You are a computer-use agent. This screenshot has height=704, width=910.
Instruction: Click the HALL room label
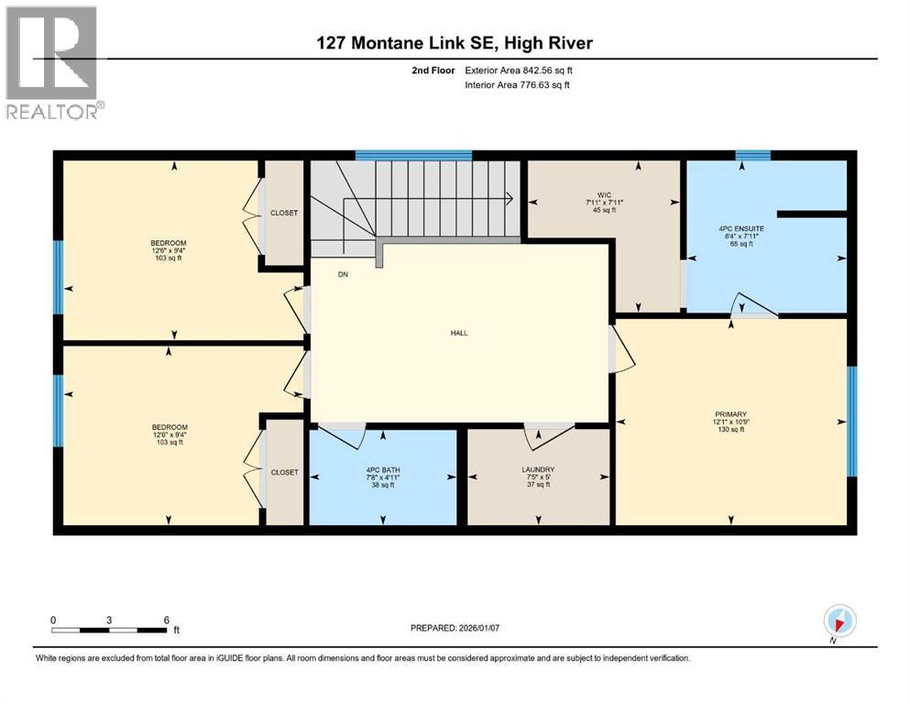point(459,333)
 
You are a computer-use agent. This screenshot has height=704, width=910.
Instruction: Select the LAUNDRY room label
point(538,469)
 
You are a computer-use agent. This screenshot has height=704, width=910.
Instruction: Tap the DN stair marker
point(317,274)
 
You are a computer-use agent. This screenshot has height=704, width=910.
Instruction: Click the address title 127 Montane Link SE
point(455,44)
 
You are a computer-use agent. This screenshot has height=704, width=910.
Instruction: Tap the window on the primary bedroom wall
point(851,422)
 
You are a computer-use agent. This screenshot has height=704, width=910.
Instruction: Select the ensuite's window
point(752,155)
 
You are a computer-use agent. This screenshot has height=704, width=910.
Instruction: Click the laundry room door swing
point(549,435)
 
